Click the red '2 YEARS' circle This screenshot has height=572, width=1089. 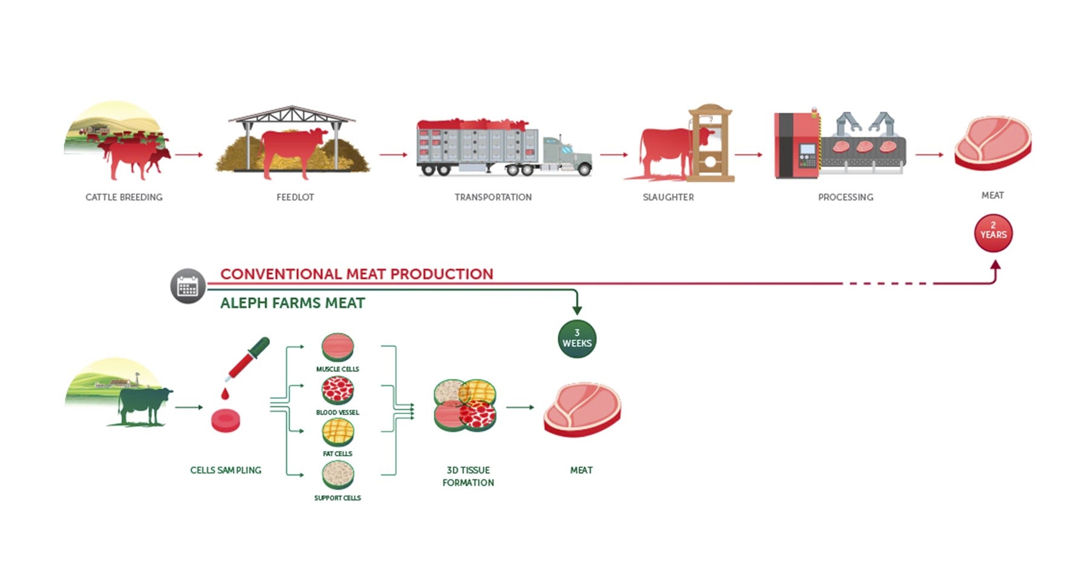(993, 233)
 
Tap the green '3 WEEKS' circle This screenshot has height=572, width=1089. (577, 339)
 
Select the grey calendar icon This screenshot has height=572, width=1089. (188, 286)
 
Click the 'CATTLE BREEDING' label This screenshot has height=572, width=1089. (124, 197)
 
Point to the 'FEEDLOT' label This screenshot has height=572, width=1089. (295, 197)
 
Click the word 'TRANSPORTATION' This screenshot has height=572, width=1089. (493, 197)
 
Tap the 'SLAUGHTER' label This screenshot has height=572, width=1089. (668, 197)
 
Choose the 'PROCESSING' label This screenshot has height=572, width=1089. (845, 197)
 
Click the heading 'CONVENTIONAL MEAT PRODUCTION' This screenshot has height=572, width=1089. (356, 274)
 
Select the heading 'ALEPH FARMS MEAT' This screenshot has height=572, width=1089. (292, 303)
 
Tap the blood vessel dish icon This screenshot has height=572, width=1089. (338, 391)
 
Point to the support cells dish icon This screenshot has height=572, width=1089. (338, 475)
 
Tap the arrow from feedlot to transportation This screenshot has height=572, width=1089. (393, 155)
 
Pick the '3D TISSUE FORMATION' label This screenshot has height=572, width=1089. (468, 476)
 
